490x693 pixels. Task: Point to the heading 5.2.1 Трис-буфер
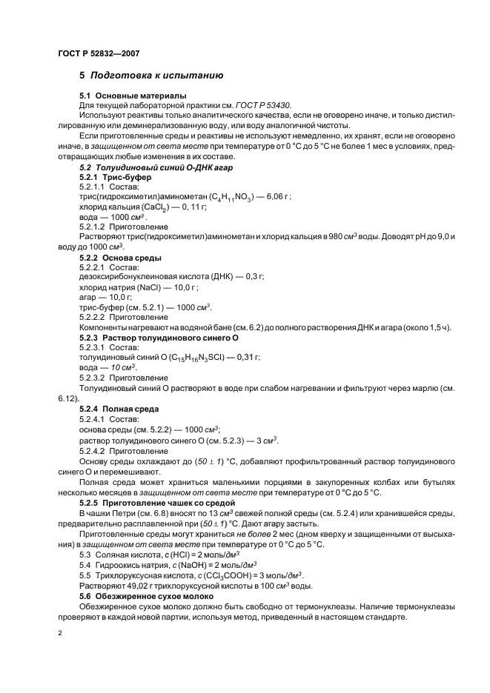pyautogui.click(x=115, y=178)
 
